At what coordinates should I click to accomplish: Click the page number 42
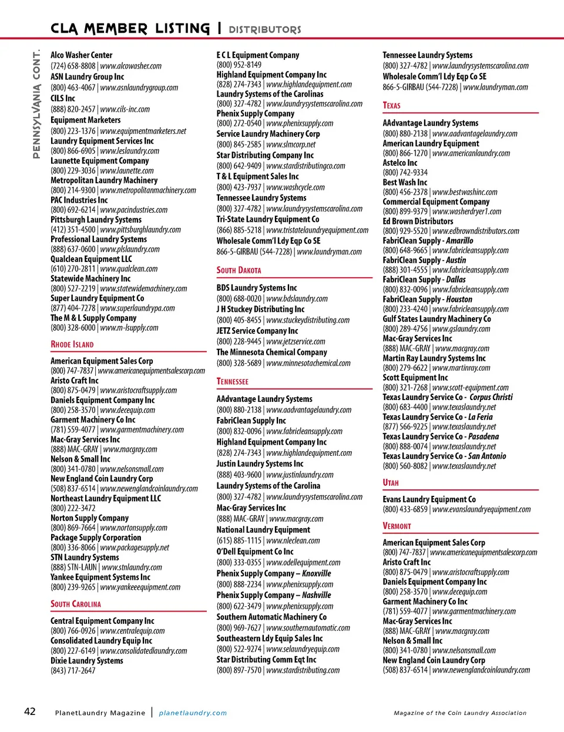[30, 711]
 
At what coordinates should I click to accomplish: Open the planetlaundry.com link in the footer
[193, 713]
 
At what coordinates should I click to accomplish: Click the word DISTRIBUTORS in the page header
[264, 29]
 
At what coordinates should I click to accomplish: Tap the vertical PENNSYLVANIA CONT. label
[36, 103]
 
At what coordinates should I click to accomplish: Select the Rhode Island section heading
[72, 344]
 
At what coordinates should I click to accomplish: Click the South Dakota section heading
[239, 270]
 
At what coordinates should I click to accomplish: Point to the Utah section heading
[391, 482]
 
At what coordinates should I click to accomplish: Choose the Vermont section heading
[397, 526]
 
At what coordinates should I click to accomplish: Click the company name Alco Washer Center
[81, 55]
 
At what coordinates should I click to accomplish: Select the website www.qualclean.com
[129, 269]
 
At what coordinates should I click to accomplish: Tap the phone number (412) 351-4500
[73, 230]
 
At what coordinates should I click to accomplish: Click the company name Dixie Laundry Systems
[87, 660]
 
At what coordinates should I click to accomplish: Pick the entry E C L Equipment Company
[258, 55]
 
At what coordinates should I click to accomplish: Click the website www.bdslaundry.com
[297, 298]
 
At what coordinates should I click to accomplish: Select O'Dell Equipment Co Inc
[255, 552]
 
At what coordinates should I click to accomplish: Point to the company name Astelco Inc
[400, 163]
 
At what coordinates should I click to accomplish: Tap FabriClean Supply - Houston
[427, 299]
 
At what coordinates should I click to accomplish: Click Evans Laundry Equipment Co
[429, 499]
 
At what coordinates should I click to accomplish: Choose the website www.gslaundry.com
[461, 329]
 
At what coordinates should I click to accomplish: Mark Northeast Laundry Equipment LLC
[106, 498]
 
